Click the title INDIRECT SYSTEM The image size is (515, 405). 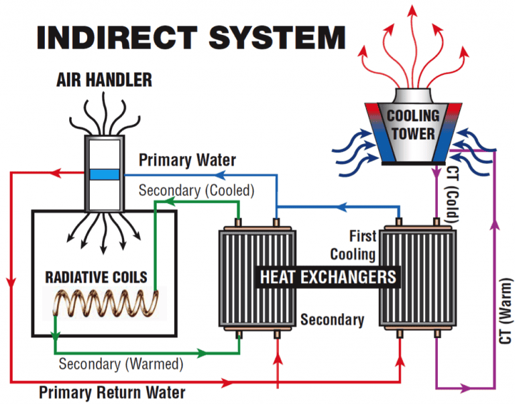(x=190, y=38)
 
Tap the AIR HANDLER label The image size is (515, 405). (x=103, y=81)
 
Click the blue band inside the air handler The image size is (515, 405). (x=104, y=174)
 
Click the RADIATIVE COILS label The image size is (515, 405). (x=95, y=277)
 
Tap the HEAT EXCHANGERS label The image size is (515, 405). (x=328, y=276)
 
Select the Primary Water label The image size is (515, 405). (x=187, y=160)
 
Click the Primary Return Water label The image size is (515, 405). (x=112, y=391)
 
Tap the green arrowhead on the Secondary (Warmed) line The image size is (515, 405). (x=202, y=351)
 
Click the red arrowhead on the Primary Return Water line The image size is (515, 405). (x=229, y=383)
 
